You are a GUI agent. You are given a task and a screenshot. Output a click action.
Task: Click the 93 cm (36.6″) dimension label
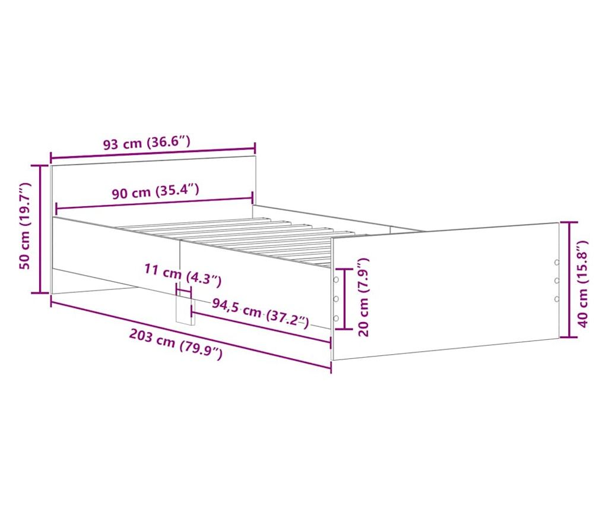(x=147, y=143)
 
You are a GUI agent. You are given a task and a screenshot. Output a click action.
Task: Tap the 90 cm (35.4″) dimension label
(x=156, y=191)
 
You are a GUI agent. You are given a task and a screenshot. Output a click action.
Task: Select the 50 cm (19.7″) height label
(x=25, y=226)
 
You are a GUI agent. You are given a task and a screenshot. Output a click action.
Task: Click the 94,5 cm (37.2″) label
(x=261, y=314)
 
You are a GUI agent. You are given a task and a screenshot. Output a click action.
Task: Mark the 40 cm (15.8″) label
(x=583, y=283)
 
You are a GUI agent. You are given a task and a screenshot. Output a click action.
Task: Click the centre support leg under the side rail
(x=185, y=309)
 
